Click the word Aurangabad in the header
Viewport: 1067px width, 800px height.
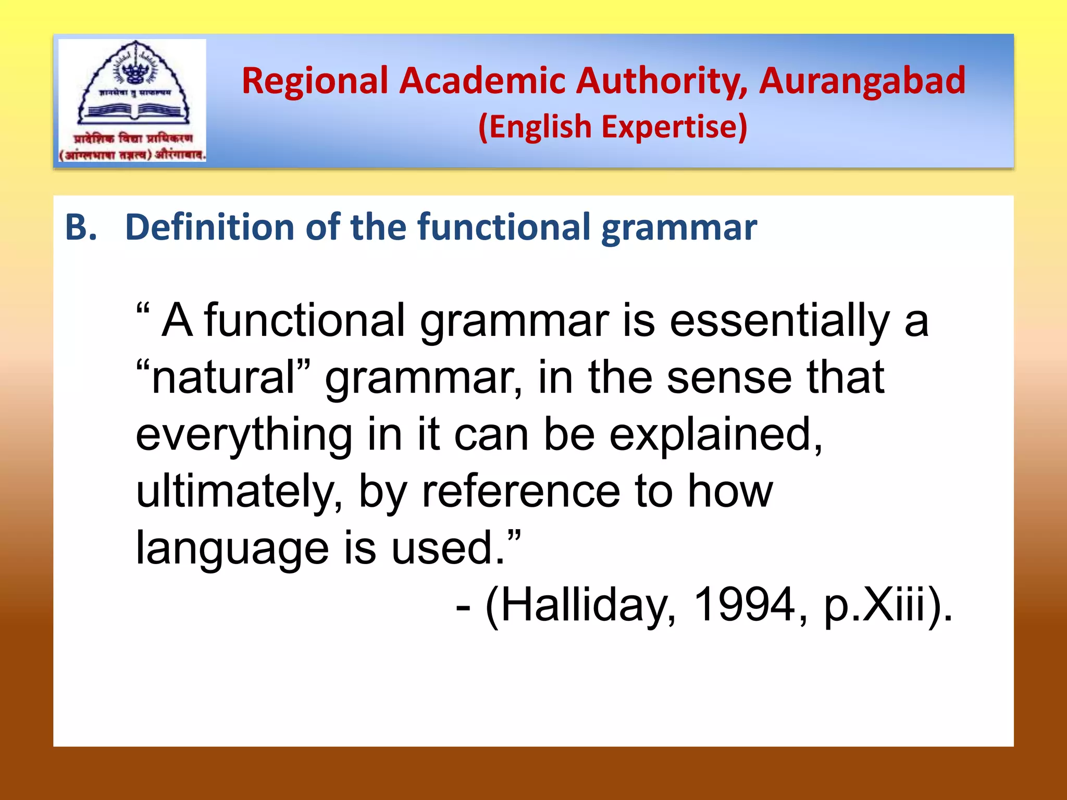862,81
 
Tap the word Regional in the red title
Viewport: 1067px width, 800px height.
315,81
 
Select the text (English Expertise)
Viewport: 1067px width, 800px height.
613,127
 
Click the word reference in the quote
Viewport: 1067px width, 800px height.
521,493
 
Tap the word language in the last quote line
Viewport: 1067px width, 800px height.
232,549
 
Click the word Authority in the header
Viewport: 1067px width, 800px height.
662,81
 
